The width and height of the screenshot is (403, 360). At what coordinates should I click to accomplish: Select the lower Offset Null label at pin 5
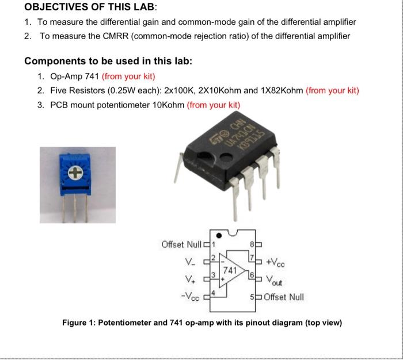pyautogui.click(x=283, y=297)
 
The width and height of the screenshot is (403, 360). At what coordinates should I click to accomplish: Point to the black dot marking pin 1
pyautogui.click(x=217, y=235)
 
